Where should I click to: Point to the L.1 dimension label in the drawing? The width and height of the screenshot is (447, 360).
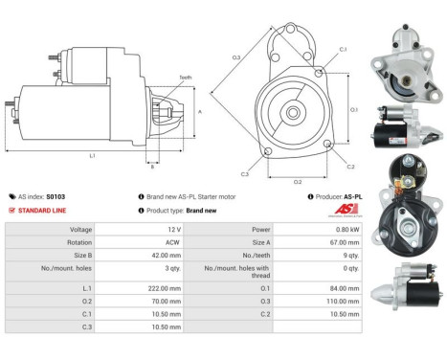(91, 156)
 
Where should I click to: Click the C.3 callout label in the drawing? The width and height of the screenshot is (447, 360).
(245, 173)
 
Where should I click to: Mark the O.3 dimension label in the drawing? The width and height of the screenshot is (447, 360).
(236, 58)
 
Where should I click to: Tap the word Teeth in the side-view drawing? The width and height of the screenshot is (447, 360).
(185, 78)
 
